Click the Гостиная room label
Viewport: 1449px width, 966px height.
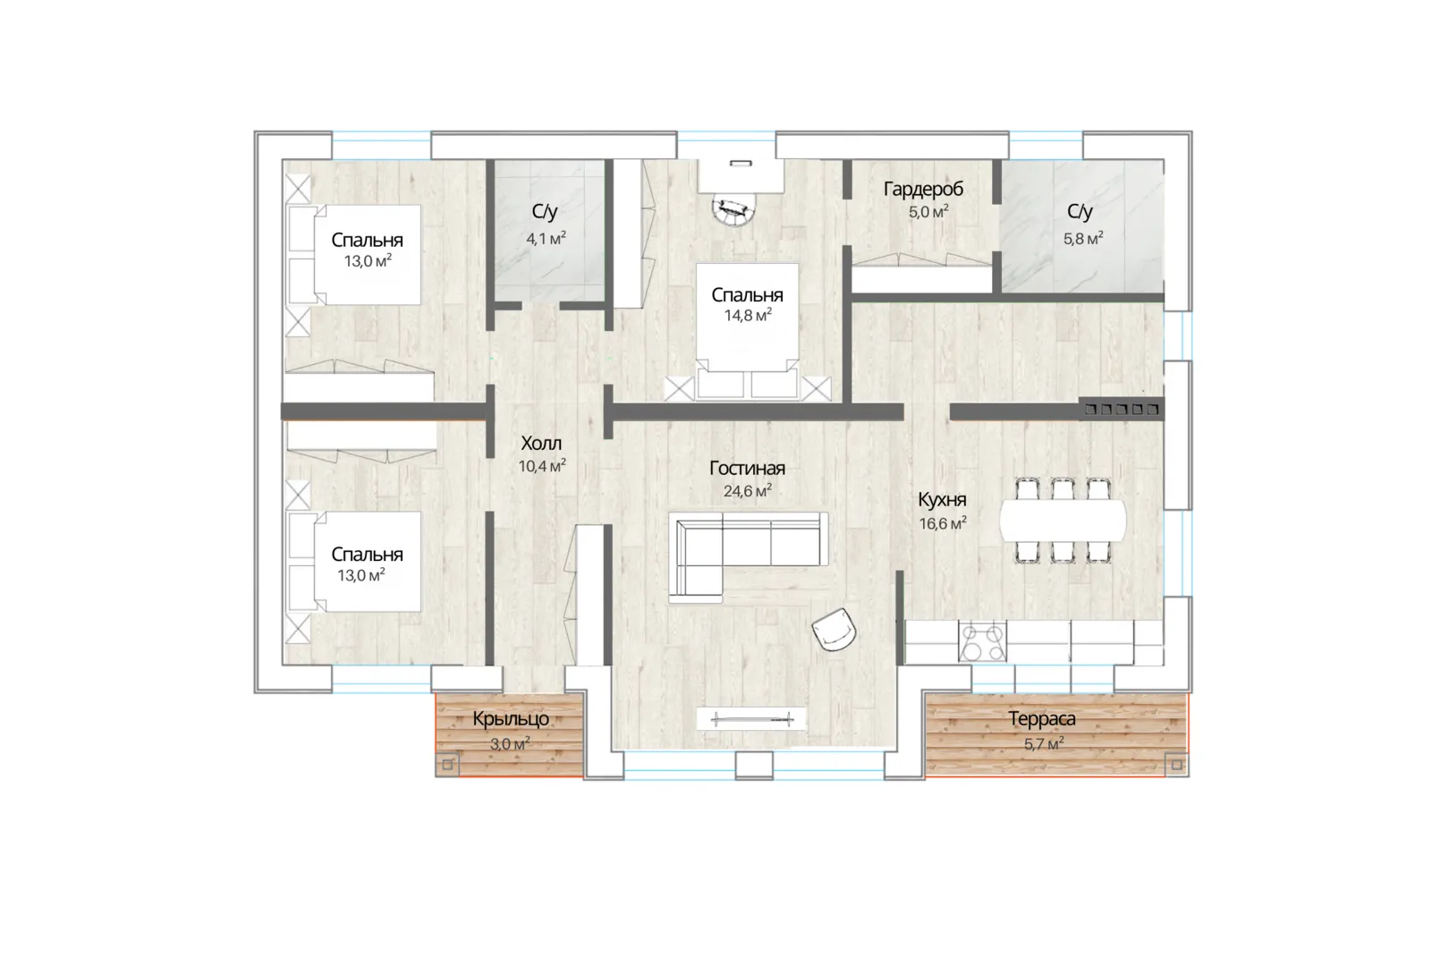pyautogui.click(x=747, y=468)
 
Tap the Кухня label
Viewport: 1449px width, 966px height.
pyautogui.click(x=943, y=499)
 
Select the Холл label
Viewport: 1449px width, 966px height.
pyautogui.click(x=541, y=444)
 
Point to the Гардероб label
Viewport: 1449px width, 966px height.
pyautogui.click(x=923, y=189)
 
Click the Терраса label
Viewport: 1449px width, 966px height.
pyautogui.click(x=1041, y=718)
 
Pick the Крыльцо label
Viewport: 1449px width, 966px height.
pyautogui.click(x=511, y=719)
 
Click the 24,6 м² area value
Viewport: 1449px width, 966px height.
pyautogui.click(x=747, y=491)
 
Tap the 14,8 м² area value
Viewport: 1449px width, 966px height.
pyautogui.click(x=748, y=315)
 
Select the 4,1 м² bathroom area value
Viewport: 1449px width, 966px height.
pyautogui.click(x=546, y=239)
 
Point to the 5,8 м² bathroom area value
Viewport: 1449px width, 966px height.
pyautogui.click(x=1083, y=239)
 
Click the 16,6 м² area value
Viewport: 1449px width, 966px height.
pyautogui.click(x=943, y=522)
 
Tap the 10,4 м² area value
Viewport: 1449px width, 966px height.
pyautogui.click(x=542, y=465)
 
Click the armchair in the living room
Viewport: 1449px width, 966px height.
pyautogui.click(x=835, y=629)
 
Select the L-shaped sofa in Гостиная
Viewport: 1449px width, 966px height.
pyautogui.click(x=748, y=550)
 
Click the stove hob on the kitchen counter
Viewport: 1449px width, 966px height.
pyautogui.click(x=982, y=641)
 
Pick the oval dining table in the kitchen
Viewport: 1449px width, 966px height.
pyautogui.click(x=1063, y=521)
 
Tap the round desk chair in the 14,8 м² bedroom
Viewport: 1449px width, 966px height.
pyautogui.click(x=733, y=210)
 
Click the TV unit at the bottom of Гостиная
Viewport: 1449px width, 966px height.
pyautogui.click(x=751, y=719)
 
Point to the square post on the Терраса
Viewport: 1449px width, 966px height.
pyautogui.click(x=1177, y=765)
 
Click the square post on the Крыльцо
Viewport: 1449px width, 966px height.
pyautogui.click(x=447, y=765)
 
